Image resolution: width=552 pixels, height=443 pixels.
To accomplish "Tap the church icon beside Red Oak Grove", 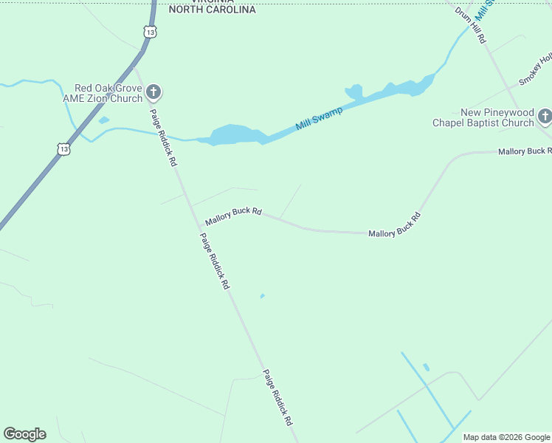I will tap(153, 93).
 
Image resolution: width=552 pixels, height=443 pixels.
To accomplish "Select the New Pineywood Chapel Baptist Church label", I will tap(487, 117).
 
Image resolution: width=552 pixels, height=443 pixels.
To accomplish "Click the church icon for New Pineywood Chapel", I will tap(545, 116).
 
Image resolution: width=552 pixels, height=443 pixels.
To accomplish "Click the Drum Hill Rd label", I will tap(470, 25).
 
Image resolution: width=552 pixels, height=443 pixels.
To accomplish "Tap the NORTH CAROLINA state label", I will tap(212, 10).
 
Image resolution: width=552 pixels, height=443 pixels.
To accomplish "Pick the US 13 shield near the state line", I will tap(151, 32).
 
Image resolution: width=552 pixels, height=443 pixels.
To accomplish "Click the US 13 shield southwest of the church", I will tap(64, 149).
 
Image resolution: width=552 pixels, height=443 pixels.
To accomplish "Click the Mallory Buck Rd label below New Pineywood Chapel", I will tap(524, 151).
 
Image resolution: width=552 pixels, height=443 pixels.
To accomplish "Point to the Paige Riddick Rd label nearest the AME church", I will tap(164, 137).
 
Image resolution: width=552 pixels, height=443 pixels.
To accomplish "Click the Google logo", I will tap(25, 434).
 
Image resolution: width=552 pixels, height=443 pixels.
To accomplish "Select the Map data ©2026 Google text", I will tap(506, 437).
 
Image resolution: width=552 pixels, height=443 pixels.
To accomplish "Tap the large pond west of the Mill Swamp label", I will tap(235, 134).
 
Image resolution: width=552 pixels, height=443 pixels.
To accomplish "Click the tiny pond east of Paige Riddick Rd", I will tap(262, 297).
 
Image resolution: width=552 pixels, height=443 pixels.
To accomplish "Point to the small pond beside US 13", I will tap(103, 120).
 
